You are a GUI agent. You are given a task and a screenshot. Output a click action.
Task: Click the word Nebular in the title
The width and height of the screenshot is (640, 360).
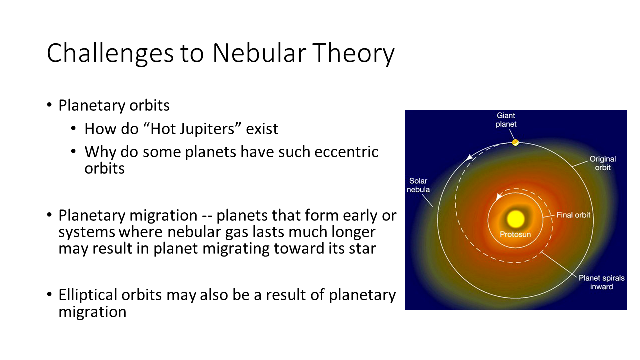point(259,53)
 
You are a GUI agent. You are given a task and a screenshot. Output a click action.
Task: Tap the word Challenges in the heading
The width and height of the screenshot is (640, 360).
point(110,53)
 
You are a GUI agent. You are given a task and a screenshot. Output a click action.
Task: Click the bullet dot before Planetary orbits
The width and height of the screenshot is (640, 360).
point(49,105)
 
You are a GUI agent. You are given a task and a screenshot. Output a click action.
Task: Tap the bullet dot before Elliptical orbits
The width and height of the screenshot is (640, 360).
point(49,294)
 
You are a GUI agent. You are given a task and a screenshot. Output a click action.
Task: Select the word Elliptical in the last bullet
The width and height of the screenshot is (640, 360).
point(88,295)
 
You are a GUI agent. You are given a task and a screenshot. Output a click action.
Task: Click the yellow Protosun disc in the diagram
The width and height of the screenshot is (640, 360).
point(515,219)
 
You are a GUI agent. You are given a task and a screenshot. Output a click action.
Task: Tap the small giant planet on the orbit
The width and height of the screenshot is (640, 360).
point(515,142)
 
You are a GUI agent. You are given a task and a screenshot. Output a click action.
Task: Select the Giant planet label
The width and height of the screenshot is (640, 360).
point(506,120)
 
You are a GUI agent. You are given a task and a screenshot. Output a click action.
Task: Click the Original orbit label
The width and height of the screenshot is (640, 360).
point(603,163)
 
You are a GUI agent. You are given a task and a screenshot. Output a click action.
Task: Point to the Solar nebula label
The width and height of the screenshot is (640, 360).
point(418,185)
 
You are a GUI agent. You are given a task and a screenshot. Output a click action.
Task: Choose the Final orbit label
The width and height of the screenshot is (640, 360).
point(573,215)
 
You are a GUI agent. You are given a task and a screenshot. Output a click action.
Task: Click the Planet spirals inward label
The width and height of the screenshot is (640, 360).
point(601,282)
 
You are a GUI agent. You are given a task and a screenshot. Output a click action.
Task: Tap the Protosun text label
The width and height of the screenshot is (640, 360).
point(515,234)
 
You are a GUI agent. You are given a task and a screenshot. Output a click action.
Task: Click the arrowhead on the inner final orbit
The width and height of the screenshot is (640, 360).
point(499,196)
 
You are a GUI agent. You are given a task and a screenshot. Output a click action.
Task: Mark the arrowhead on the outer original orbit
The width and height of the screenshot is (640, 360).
point(469,157)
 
